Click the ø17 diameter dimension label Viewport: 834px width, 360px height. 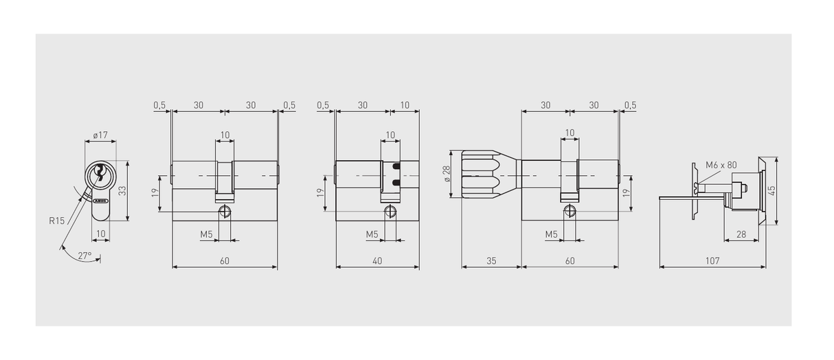[100, 135]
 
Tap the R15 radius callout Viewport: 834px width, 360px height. [57, 221]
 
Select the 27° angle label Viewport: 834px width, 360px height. [85, 256]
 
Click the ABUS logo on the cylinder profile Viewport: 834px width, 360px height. [100, 201]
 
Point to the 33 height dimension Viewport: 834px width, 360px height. [122, 190]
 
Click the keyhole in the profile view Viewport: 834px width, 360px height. [100, 172]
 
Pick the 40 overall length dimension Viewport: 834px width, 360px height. [377, 261]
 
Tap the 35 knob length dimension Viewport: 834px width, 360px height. [491, 261]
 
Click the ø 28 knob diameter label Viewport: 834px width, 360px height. [447, 174]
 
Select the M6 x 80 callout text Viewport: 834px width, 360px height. [721, 165]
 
